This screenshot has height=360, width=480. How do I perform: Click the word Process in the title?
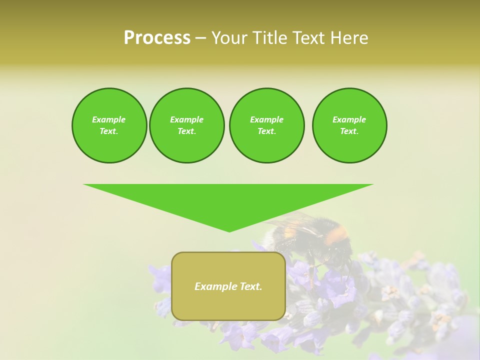point(157,38)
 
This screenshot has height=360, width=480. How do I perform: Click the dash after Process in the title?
point(201,38)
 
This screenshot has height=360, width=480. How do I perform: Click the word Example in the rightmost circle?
point(349,119)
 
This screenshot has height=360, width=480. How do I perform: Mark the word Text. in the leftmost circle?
point(109,131)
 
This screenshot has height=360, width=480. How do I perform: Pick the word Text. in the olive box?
point(251,286)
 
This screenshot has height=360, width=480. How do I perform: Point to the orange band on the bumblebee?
point(337,233)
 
